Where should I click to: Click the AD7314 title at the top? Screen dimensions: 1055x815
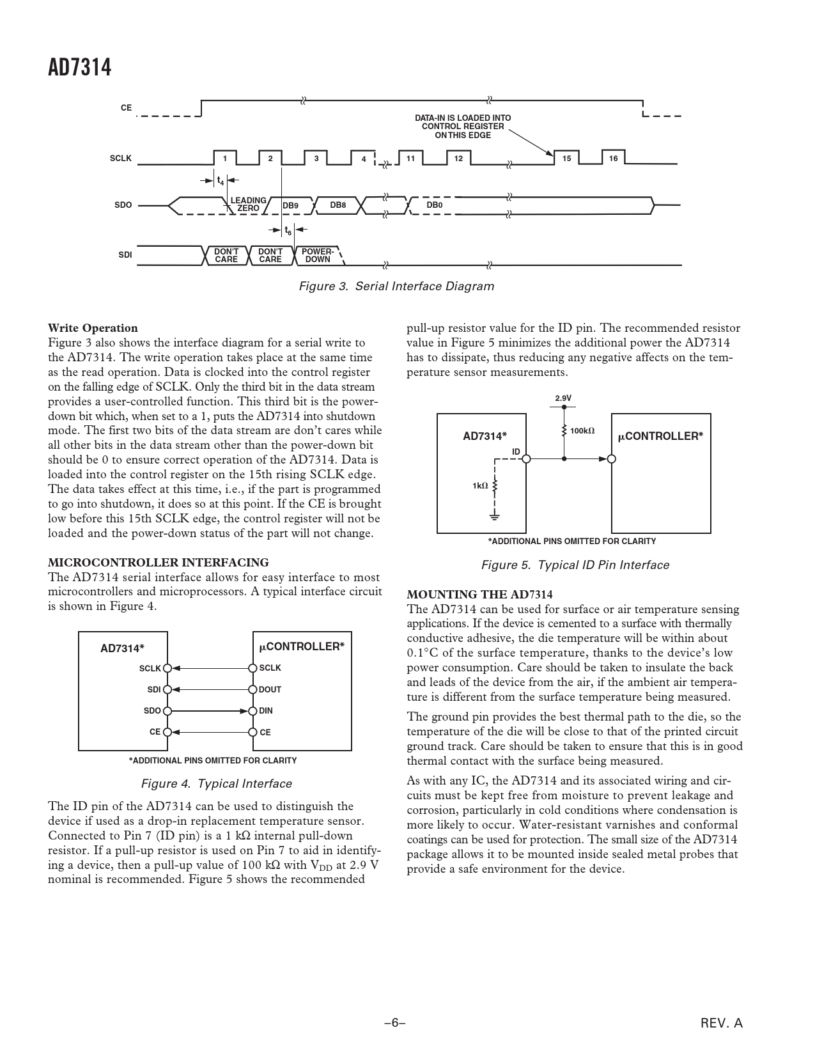79,67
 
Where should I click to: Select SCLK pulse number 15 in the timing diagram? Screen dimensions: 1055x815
566,159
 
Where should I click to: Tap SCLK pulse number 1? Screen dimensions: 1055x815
224,159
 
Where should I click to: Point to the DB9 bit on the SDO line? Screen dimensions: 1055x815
290,206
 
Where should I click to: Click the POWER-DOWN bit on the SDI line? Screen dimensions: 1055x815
318,256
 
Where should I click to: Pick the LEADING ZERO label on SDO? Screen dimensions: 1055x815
248,205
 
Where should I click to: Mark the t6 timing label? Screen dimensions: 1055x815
288,231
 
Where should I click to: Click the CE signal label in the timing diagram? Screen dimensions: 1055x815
126,108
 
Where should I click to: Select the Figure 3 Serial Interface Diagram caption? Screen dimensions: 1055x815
396,286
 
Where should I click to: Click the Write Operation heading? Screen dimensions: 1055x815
93,328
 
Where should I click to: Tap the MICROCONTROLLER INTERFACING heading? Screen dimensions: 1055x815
159,563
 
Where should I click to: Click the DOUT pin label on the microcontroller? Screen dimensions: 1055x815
270,690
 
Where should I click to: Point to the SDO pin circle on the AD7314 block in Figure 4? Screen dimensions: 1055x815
167,711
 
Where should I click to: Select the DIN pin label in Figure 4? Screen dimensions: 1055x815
266,711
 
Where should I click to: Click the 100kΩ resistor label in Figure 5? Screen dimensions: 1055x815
582,431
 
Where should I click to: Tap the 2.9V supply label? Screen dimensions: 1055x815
563,398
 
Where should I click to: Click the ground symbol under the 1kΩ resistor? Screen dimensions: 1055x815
495,515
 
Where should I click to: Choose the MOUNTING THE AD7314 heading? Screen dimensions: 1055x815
479,595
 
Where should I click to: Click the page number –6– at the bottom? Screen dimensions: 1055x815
395,1023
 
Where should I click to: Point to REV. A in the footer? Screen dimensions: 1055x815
722,1023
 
